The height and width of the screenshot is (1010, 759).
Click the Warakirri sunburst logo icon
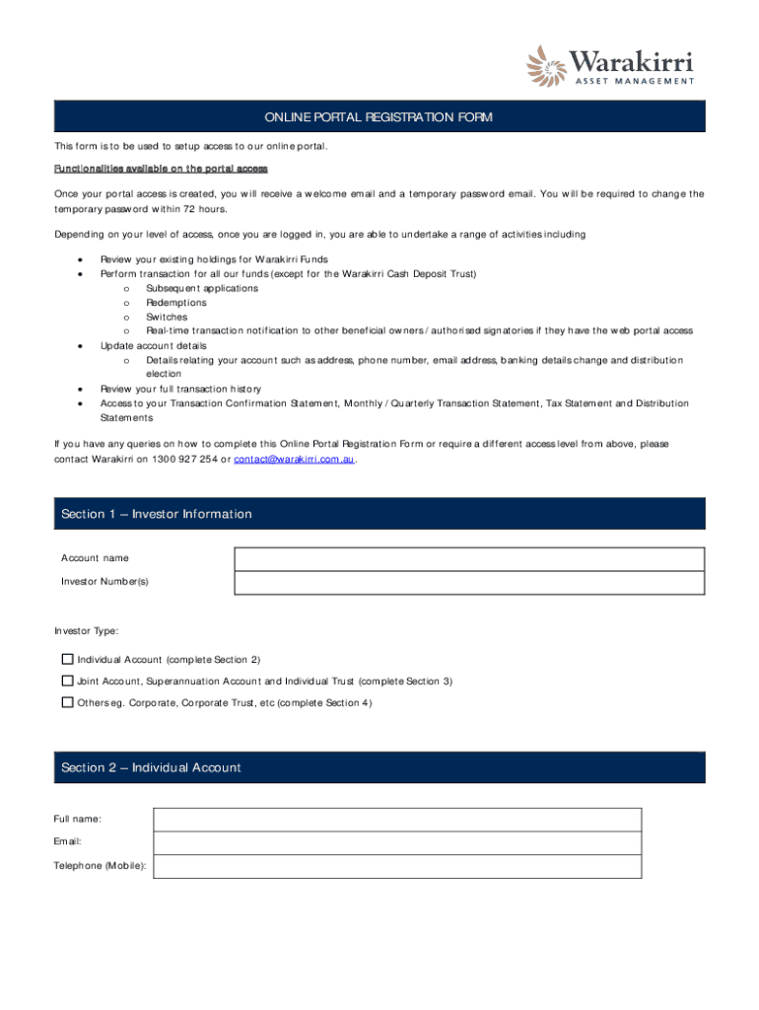[x=547, y=67]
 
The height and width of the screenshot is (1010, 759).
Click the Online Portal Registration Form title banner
[x=379, y=117]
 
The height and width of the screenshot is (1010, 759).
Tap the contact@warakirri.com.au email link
[x=294, y=460]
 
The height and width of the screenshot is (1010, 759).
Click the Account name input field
[x=469, y=559]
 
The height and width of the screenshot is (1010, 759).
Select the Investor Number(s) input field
[x=469, y=583]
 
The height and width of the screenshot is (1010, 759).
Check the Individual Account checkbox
[x=67, y=659]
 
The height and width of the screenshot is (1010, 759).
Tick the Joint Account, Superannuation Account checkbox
[x=67, y=681]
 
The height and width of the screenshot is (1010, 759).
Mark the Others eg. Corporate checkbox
[x=67, y=702]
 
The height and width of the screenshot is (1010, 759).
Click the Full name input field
[x=397, y=820]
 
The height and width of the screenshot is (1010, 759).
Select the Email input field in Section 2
[x=397, y=842]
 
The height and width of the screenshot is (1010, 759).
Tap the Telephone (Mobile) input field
[x=397, y=866]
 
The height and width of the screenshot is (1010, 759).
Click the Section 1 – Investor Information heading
[x=157, y=514]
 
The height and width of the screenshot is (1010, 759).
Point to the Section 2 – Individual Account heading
[x=151, y=767]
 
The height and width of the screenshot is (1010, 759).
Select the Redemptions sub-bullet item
[x=176, y=303]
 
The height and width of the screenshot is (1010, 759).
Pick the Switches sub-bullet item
[x=167, y=318]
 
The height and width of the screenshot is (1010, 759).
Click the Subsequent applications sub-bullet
[x=202, y=288]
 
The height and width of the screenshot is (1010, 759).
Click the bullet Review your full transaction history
[x=180, y=389]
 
